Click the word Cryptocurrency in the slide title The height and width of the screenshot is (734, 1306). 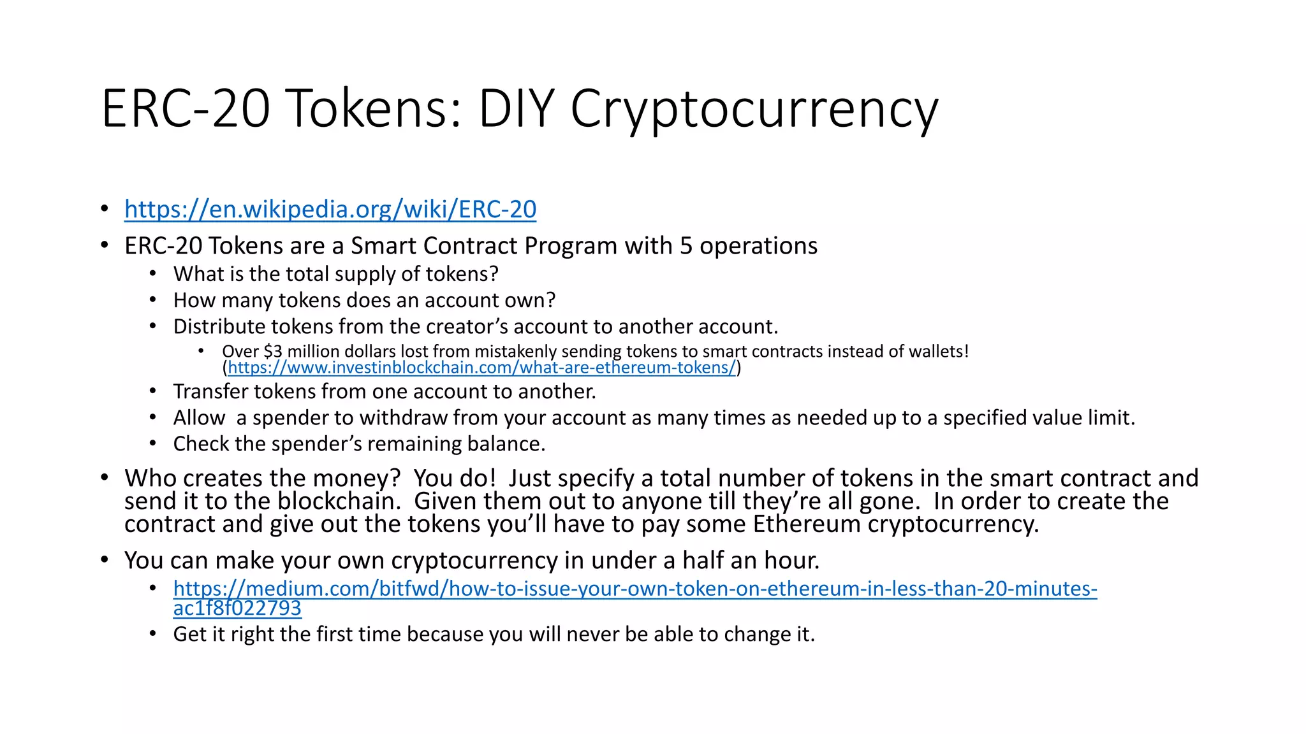coord(754,110)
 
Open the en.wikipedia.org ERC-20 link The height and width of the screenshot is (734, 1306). coord(330,209)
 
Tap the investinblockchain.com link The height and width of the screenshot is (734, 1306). coord(481,368)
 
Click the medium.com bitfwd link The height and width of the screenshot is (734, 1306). coord(635,589)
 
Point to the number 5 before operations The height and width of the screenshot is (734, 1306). coord(686,246)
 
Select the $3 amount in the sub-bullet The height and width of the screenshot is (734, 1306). coord(272,352)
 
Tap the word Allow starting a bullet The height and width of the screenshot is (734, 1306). coord(199,418)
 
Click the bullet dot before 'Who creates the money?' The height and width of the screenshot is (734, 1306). coord(105,478)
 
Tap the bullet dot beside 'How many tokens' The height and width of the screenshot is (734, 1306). coord(153,300)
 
